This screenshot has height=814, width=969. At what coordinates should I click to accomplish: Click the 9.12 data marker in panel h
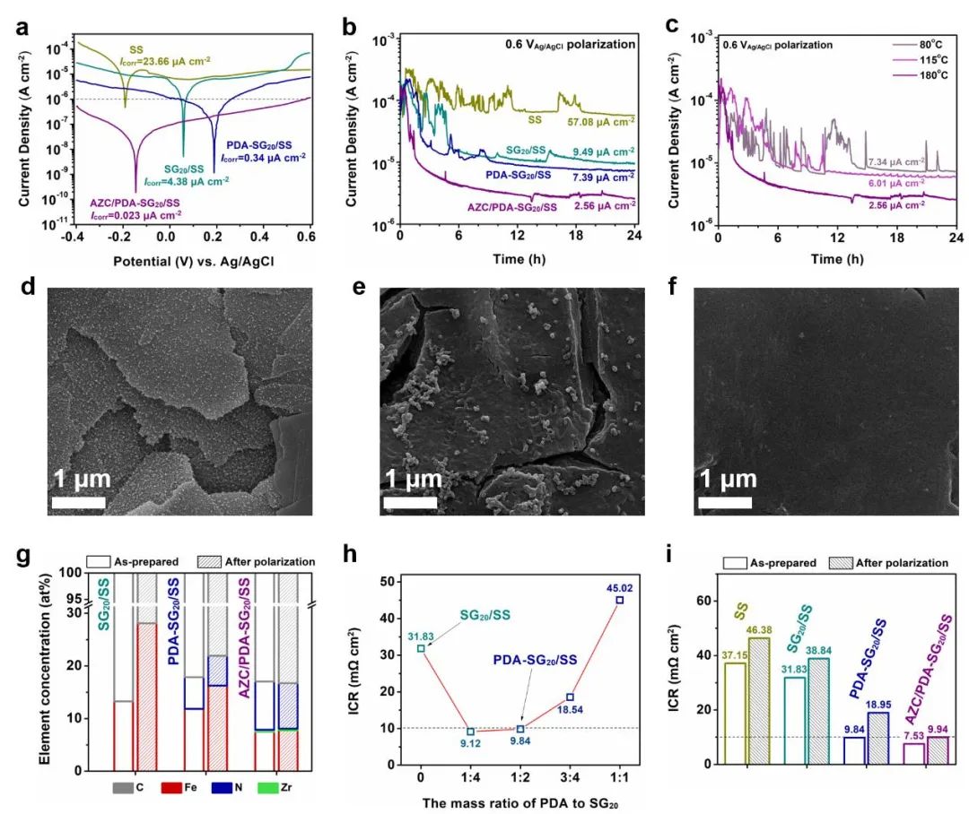[470, 732]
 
